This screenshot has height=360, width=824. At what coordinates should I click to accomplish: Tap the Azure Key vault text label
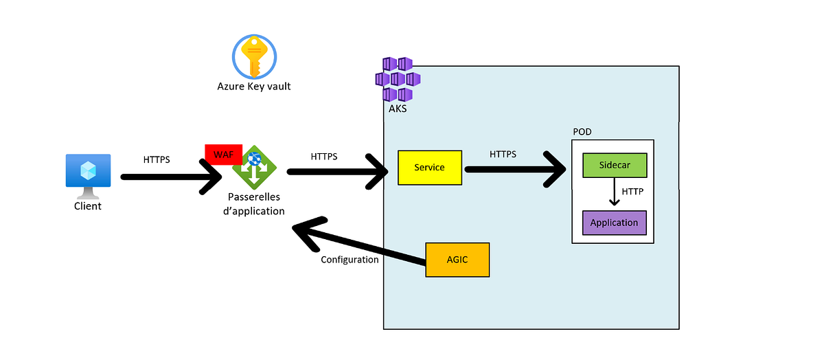tap(254, 87)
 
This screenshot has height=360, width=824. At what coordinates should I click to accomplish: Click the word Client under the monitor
tap(88, 206)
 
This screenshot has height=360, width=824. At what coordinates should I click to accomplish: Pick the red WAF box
tap(224, 153)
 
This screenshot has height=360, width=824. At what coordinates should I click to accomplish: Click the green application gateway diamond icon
tap(255, 167)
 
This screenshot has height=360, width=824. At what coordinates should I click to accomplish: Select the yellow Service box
tap(430, 168)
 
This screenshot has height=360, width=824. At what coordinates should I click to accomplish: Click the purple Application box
tap(615, 223)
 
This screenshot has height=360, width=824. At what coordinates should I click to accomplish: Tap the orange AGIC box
tap(457, 260)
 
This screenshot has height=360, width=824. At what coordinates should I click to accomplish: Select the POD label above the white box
tap(582, 132)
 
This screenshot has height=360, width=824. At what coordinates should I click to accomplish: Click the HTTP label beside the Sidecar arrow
tap(632, 192)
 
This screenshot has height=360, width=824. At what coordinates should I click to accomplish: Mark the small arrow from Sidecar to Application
tap(615, 194)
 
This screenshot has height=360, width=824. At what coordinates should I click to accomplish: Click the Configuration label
tap(350, 260)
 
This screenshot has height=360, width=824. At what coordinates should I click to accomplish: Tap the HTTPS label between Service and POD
tap(503, 154)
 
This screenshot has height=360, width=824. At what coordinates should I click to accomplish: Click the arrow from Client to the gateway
tap(172, 177)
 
